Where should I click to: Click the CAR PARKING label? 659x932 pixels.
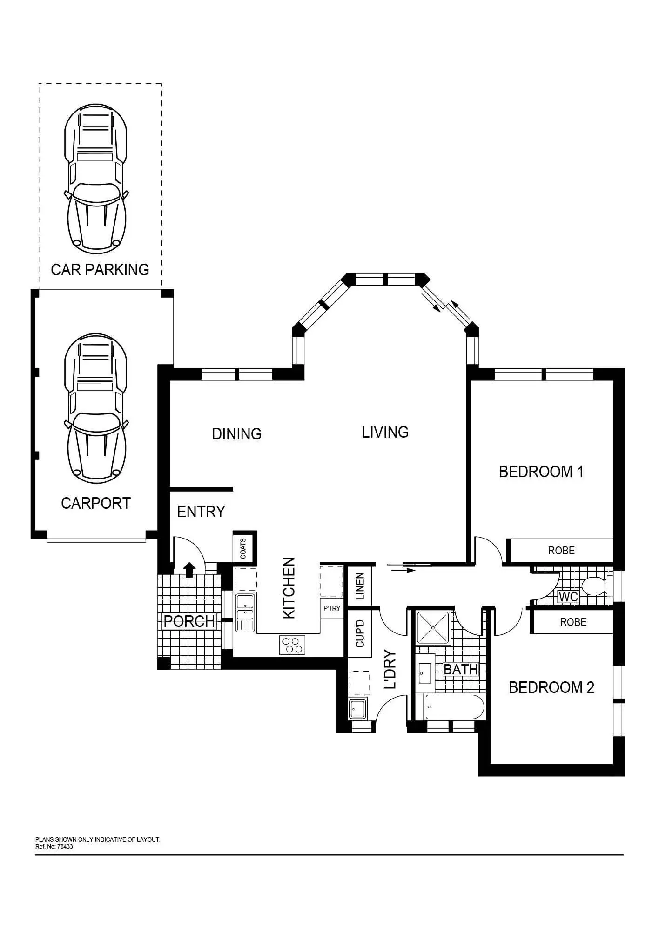pos(100,269)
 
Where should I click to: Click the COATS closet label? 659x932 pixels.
pos(243,549)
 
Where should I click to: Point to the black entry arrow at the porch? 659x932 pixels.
pos(189,569)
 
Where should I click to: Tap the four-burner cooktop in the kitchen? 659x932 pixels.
pos(292,645)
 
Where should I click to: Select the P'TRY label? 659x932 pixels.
pos(332,608)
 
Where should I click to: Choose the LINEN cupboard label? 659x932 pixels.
pos(360,586)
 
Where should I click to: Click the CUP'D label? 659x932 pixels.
pos(360,633)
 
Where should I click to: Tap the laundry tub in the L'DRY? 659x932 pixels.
pos(358,709)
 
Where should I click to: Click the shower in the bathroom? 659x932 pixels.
pos(433,627)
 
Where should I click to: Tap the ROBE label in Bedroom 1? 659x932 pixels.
pos(561,551)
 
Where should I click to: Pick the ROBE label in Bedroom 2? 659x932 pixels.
pos(573,622)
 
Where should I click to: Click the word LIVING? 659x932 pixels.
pos(385,432)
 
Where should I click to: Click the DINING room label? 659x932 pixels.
pos(236,434)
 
